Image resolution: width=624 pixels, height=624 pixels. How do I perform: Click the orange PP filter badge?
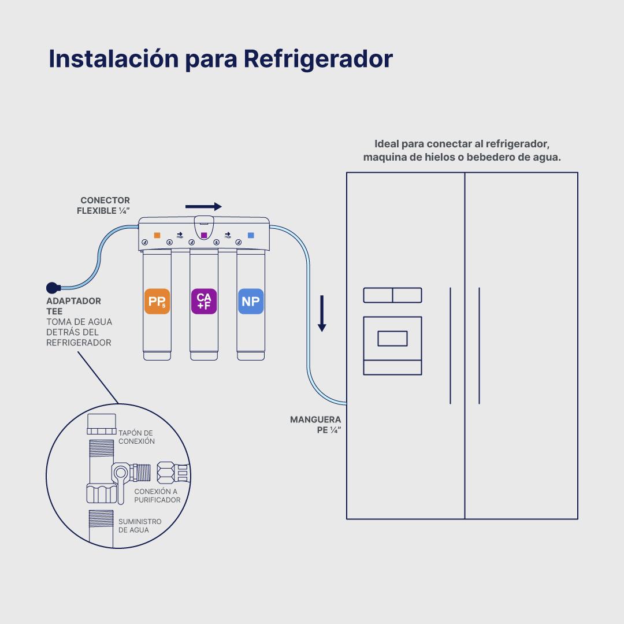click(x=157, y=301)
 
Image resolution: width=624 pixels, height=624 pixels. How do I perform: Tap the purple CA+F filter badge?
click(x=203, y=301)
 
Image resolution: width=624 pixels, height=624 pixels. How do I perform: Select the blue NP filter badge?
click(x=251, y=301)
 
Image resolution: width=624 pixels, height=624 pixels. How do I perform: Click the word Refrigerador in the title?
click(x=318, y=59)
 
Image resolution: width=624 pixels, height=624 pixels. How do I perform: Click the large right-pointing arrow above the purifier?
click(x=203, y=206)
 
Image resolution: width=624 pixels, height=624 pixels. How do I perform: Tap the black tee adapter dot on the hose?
click(x=53, y=287)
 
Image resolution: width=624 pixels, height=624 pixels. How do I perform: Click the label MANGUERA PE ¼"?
click(x=315, y=425)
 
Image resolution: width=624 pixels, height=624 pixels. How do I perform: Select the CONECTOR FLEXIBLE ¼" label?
click(x=103, y=206)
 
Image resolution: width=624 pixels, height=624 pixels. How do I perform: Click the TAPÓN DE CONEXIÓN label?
click(x=136, y=437)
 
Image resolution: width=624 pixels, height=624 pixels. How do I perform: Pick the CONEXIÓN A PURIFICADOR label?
click(x=157, y=495)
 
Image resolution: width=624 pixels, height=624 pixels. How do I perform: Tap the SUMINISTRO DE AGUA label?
click(x=140, y=526)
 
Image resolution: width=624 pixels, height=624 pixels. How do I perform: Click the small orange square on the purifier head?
click(x=157, y=236)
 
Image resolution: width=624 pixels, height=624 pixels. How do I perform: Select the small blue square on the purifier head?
click(x=251, y=236)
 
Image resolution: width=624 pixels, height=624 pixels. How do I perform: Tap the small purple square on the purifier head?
click(x=203, y=236)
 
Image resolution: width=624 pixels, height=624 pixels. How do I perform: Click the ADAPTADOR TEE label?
click(x=73, y=306)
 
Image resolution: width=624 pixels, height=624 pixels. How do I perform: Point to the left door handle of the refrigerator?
click(x=450, y=345)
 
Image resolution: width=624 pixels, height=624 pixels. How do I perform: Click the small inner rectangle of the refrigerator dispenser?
click(x=392, y=339)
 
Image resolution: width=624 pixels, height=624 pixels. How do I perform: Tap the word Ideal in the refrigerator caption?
click(x=386, y=144)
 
